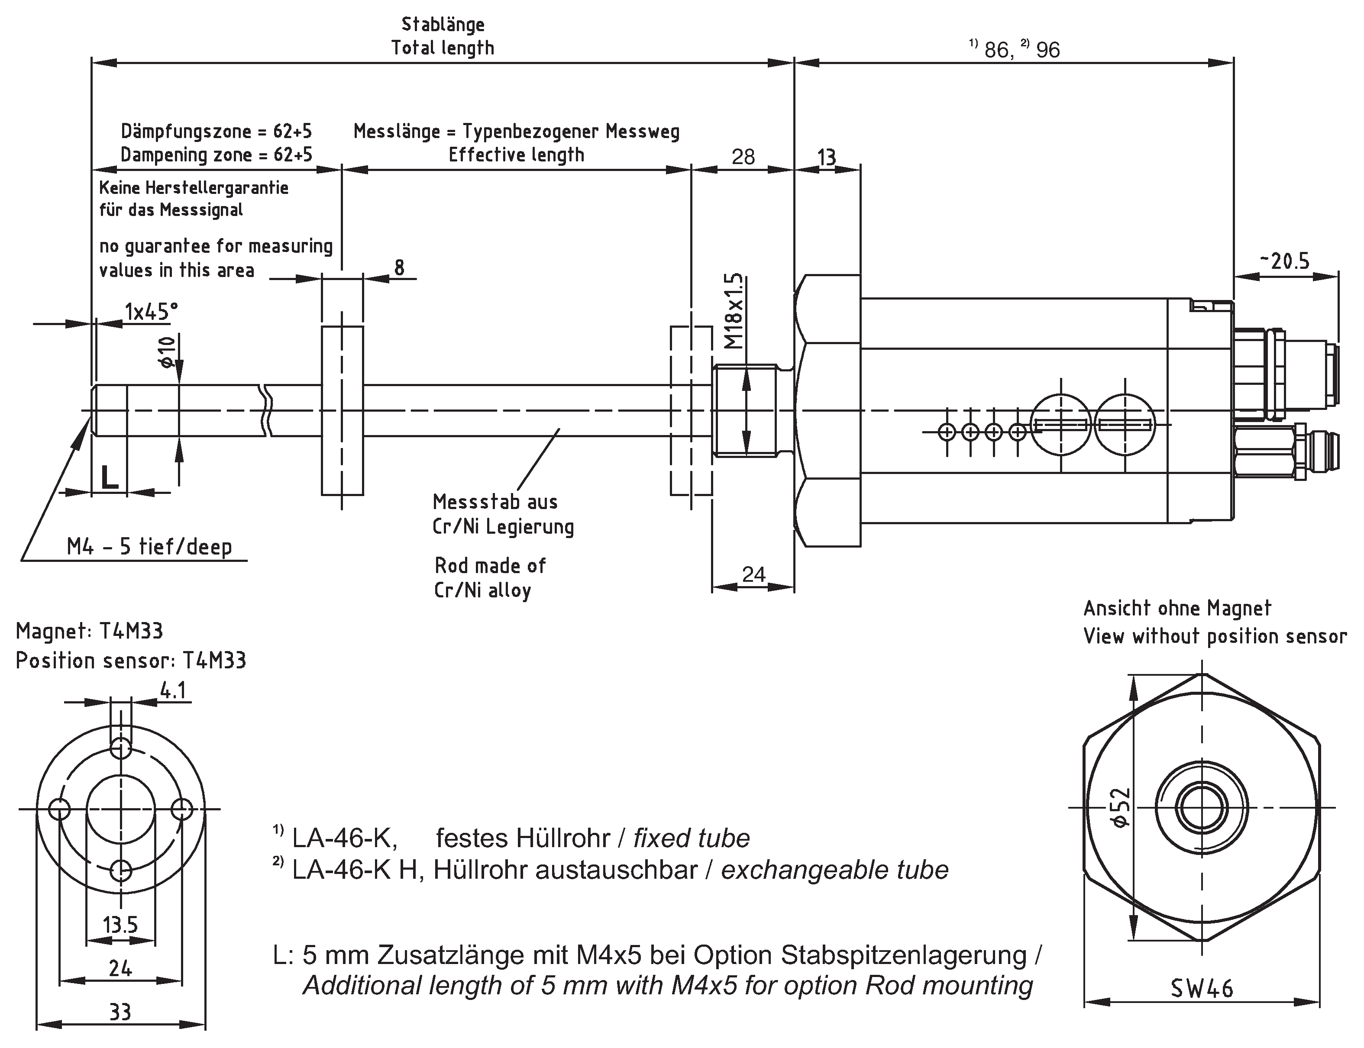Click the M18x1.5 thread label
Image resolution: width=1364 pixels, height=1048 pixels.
[x=736, y=311]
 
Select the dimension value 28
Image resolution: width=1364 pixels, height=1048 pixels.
[x=743, y=157]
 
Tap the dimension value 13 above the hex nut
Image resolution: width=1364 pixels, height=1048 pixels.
[x=827, y=157]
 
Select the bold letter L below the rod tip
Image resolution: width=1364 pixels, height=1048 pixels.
[x=110, y=478]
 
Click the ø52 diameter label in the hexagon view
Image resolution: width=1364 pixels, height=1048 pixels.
[x=1120, y=807]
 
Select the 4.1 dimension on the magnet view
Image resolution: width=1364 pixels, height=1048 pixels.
[x=173, y=690]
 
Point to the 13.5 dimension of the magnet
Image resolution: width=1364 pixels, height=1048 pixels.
[x=120, y=925]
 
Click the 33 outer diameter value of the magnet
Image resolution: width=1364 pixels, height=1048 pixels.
[x=120, y=1012]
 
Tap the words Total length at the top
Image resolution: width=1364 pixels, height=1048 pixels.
[x=443, y=48]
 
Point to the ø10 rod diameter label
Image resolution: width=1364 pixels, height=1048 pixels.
[x=167, y=352]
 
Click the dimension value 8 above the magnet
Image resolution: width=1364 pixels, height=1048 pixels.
[x=399, y=268]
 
